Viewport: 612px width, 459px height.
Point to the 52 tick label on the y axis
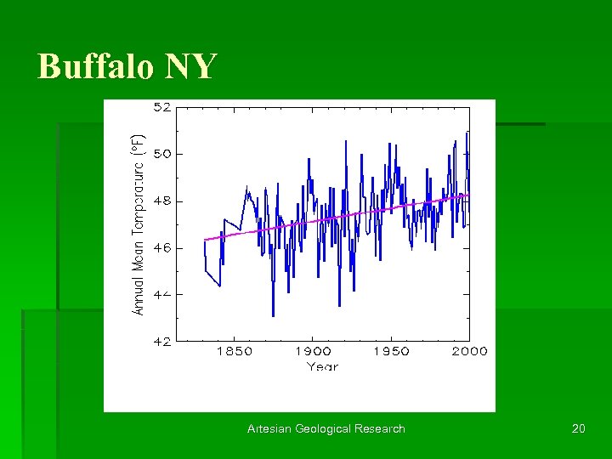click(x=161, y=108)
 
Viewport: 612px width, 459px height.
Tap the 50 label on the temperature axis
click(x=161, y=155)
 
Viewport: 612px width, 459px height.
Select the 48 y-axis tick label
click(x=161, y=201)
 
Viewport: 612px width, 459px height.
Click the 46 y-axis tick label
click(x=161, y=248)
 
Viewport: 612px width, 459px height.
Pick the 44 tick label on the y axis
click(x=161, y=294)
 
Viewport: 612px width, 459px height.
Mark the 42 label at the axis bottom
click(x=161, y=341)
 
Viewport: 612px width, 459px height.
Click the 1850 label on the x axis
click(x=235, y=352)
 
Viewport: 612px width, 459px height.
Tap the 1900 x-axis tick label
click(x=313, y=352)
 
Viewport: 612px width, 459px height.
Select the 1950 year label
click(x=391, y=352)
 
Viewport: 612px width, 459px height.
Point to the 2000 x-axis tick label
click(x=469, y=352)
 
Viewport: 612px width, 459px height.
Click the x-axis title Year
click(x=322, y=367)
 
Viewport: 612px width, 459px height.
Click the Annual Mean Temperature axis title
click(x=138, y=225)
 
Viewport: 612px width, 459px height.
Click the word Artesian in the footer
click(x=269, y=429)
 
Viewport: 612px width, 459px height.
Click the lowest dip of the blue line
click(x=273, y=315)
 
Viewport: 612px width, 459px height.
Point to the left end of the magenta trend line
click(x=205, y=240)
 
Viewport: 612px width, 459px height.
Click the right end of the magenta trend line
click(x=468, y=195)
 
